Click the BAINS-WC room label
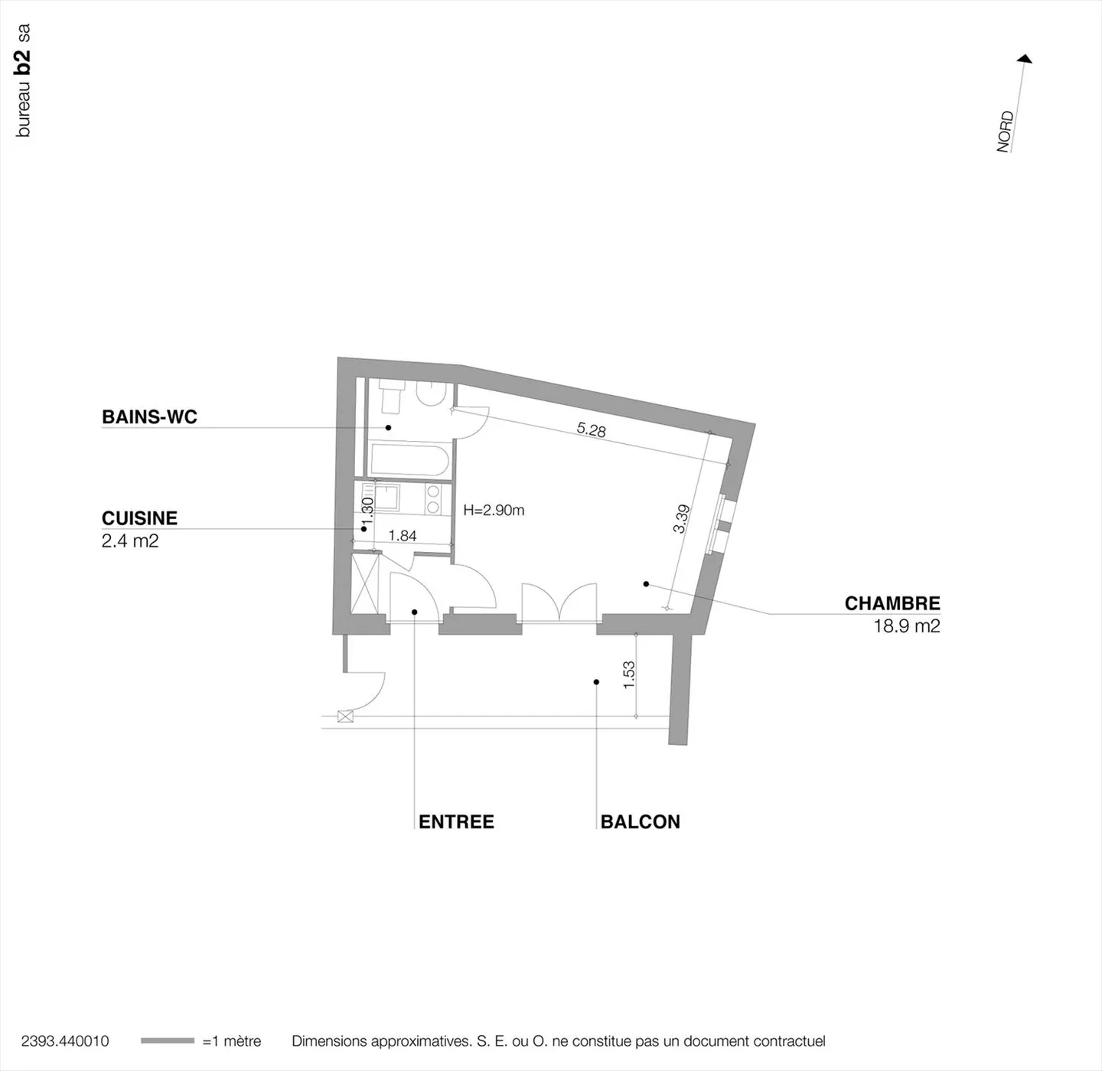tap(149, 417)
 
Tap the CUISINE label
tap(139, 518)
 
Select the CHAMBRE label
tap(892, 603)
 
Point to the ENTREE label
tap(456, 821)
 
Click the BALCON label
tap(640, 821)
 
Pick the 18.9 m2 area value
tap(906, 626)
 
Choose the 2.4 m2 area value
tap(130, 541)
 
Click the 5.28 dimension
tap(591, 429)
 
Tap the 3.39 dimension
tap(681, 518)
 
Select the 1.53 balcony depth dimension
tap(629, 674)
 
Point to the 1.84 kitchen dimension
tap(403, 536)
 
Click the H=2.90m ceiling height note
tap(494, 511)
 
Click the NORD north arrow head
tap(1025, 59)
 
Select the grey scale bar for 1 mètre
tap(168, 1040)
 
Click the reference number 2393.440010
tap(65, 1041)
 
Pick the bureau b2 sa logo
tap(23, 80)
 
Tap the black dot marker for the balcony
tap(596, 682)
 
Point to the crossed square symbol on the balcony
tap(345, 717)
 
